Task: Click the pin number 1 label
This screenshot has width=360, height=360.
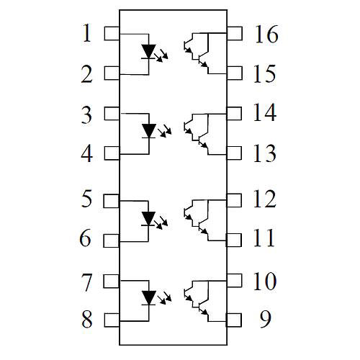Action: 87,33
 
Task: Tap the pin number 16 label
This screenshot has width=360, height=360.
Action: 266,34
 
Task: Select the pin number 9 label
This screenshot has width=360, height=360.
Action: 265,319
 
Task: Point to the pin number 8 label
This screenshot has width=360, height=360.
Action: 87,319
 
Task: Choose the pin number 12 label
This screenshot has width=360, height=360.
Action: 265,199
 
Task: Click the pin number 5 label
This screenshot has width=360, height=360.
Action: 86,198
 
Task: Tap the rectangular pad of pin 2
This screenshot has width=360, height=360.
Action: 112,73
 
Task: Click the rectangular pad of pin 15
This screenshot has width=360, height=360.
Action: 234,73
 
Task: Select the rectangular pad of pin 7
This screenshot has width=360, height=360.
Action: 112,281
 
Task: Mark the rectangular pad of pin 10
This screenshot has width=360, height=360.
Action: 234,281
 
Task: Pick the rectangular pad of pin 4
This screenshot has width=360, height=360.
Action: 112,153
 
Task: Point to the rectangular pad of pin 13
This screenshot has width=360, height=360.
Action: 234,153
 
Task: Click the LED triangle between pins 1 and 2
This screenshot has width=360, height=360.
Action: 148,51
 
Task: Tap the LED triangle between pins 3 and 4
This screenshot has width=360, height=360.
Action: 149,131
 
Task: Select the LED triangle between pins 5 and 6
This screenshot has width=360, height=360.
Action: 148,218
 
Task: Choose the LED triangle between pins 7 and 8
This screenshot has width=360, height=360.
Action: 149,298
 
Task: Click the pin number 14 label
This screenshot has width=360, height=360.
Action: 265,112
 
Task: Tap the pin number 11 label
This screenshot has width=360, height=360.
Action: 264,238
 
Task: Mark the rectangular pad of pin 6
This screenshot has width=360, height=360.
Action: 112,240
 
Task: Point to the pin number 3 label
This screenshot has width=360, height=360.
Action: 86,115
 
